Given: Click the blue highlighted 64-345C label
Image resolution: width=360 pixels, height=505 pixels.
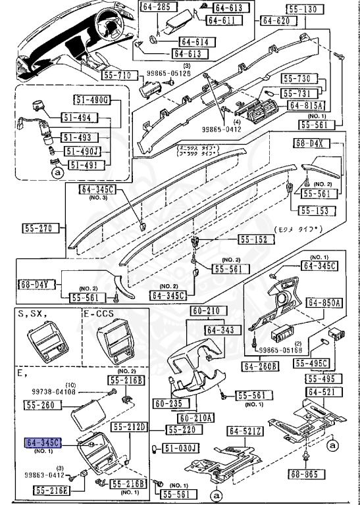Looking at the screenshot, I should tap(43, 444).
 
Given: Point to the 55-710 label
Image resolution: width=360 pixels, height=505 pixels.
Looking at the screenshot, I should tap(119, 76).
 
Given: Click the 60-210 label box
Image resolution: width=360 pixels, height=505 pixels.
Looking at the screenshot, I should tap(207, 311).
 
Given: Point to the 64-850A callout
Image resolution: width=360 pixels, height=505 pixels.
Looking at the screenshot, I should tap(325, 303).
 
